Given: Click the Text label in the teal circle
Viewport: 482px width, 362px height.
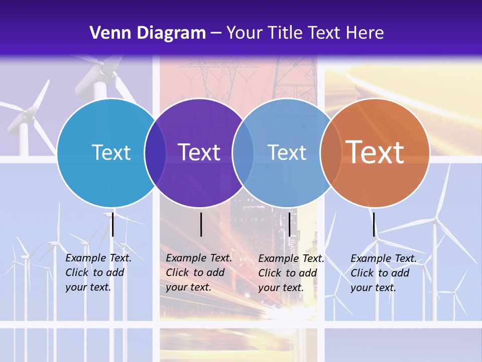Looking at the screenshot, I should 111,153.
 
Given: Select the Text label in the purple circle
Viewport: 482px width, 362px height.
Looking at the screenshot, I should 199,153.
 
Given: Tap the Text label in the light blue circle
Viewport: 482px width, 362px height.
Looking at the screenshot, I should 287,153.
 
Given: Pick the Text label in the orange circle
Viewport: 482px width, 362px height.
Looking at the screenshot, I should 375,152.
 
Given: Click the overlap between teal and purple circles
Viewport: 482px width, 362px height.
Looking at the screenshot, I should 155,153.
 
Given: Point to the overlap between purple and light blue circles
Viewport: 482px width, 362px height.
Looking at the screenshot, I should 243,153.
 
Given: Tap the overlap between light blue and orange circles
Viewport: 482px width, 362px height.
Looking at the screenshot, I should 329,153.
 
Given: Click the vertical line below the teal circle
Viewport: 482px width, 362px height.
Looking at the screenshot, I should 113,224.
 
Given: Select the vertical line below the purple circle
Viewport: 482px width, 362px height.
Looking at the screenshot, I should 201,224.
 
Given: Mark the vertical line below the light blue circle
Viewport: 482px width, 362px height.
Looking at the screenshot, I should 290,224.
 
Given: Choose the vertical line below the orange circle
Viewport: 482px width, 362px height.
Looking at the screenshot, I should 374,224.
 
